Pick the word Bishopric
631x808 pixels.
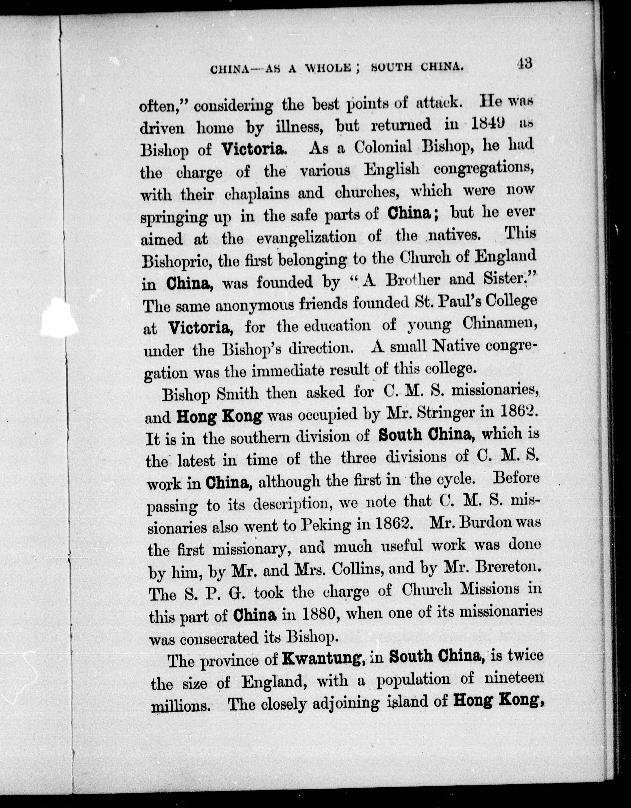tap(177, 262)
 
